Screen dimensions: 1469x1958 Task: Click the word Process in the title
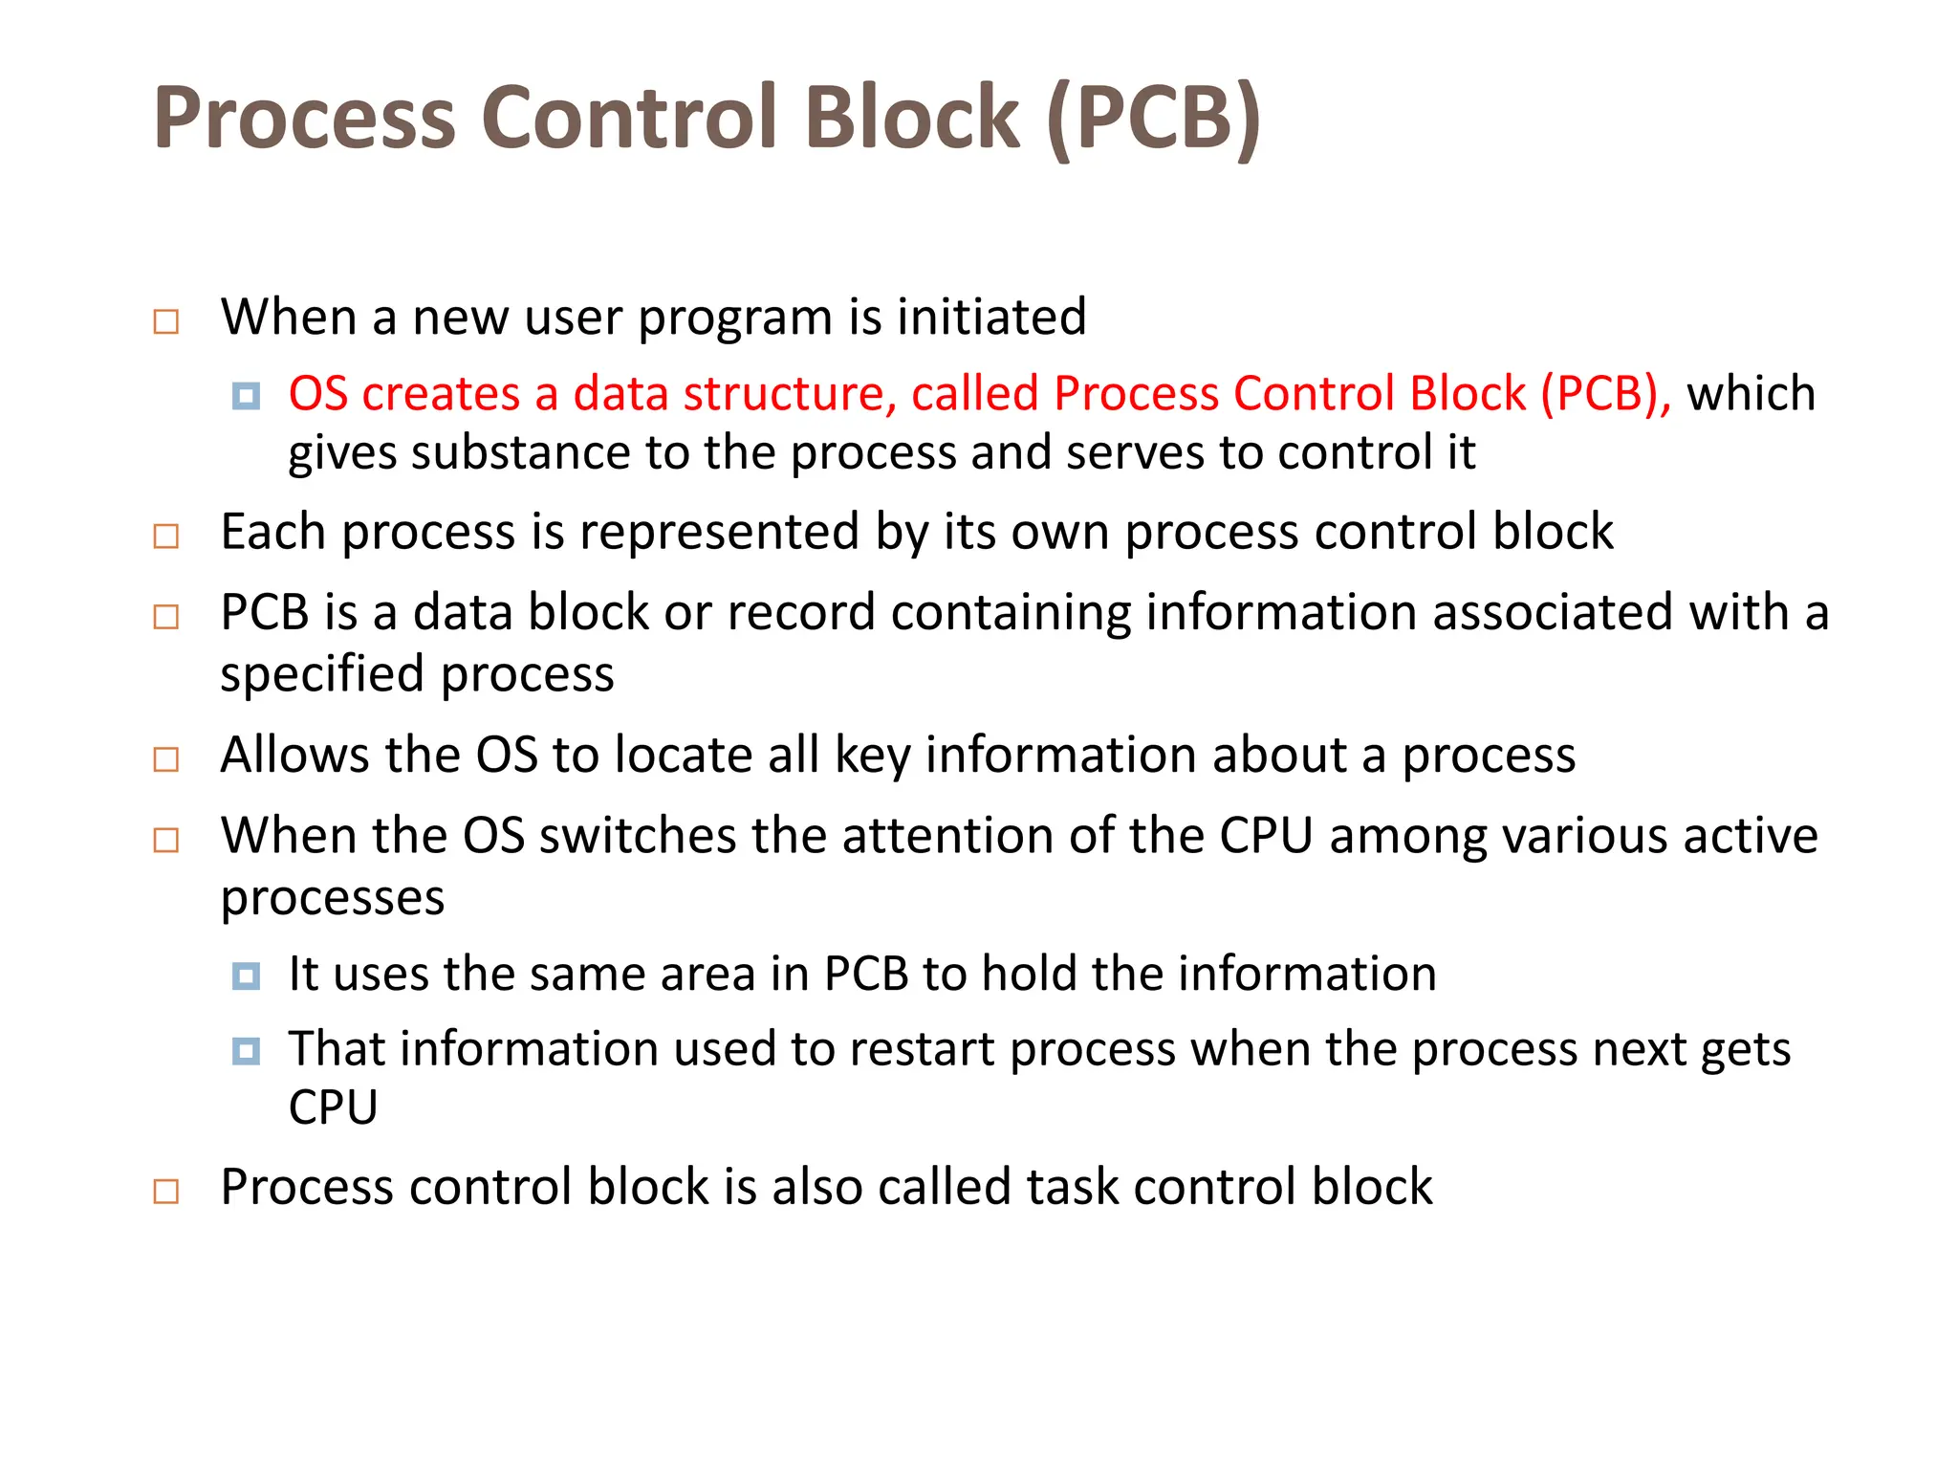pos(304,119)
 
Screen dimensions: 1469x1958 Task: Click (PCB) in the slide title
pos(1154,119)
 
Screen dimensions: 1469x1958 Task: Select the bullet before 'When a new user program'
pos(166,321)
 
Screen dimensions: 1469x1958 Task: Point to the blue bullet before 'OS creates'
pos(246,396)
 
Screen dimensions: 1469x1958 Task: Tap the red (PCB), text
pos(1606,394)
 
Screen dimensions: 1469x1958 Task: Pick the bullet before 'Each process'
pos(166,536)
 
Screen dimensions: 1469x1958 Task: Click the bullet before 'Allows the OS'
pos(166,759)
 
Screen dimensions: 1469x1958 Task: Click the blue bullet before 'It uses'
pos(246,976)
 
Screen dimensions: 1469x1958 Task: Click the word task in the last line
pos(1072,1188)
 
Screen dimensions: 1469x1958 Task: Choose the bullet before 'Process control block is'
pos(166,1192)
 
